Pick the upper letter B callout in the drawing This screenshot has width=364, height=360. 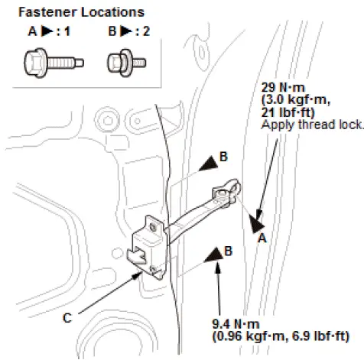[x=223, y=157]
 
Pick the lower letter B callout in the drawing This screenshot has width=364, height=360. [x=229, y=251]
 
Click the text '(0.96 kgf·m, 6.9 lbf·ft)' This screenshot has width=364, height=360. [x=279, y=335]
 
